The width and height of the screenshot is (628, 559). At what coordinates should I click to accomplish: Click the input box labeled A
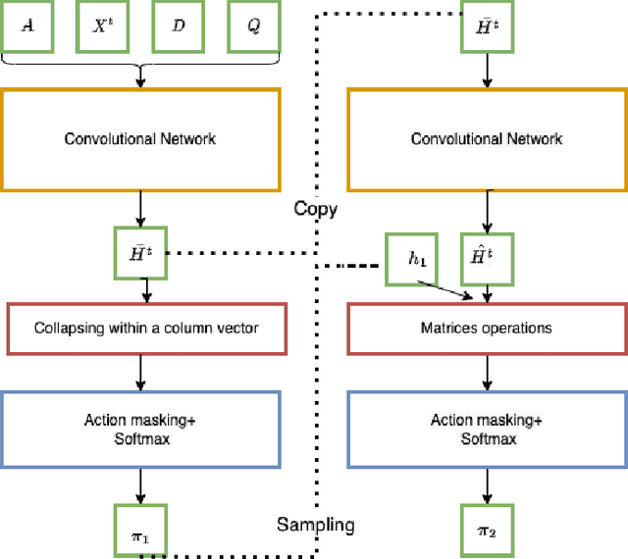tap(26, 28)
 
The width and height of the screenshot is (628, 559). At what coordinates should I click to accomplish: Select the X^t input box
tap(102, 28)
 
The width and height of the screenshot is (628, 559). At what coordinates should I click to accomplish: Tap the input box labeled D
tap(178, 28)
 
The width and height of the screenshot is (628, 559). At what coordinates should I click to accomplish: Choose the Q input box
tap(253, 28)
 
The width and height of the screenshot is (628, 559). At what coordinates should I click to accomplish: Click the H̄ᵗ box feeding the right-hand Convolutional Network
tap(486, 26)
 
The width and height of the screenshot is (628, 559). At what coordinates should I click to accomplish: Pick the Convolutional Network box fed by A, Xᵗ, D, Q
tap(140, 139)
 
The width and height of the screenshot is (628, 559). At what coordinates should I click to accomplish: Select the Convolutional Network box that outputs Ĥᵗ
tap(487, 139)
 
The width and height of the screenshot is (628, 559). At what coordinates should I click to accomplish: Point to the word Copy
tap(315, 209)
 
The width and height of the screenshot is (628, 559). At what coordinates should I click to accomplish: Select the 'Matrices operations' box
tap(487, 328)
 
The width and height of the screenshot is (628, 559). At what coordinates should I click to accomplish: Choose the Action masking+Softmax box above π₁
tap(140, 429)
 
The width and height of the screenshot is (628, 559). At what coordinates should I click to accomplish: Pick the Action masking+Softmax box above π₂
tap(487, 429)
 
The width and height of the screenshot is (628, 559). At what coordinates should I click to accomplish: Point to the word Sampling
tap(315, 525)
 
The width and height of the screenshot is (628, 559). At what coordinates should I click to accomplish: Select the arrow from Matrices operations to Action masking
tap(487, 372)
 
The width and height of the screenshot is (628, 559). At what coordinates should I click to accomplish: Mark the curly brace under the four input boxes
tap(140, 61)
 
